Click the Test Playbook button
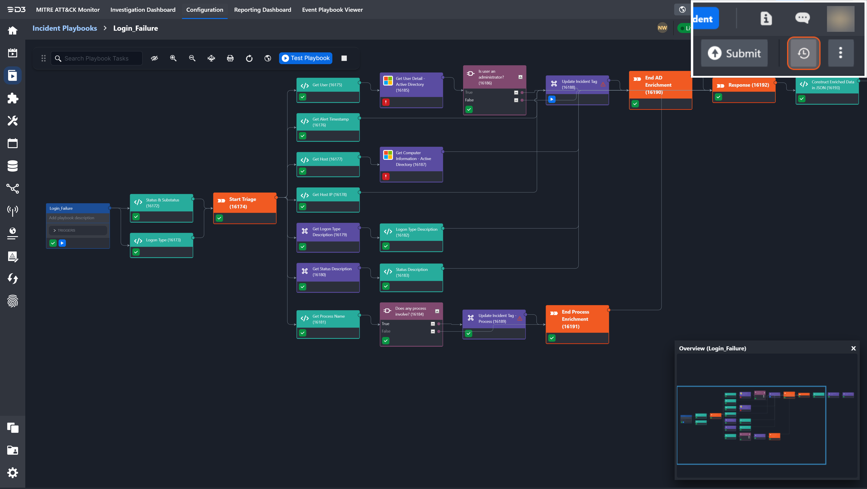pos(306,58)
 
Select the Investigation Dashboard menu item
pos(143,10)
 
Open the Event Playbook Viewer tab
pos(332,10)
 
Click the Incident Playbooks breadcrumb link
pos(65,28)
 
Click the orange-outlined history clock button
pos(803,53)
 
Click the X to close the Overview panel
pos(853,349)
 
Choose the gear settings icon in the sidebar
pos(12,473)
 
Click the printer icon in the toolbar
pos(230,58)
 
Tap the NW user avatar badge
pos(662,28)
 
